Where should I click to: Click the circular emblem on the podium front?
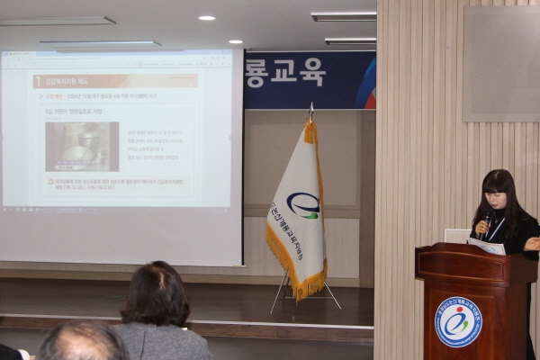point(458,321)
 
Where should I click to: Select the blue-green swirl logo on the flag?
point(303,205)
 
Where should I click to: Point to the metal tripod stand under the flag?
point(306,292)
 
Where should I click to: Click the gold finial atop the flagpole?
point(311,109)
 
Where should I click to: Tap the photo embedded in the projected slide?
point(82,146)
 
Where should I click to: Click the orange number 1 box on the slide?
point(37,81)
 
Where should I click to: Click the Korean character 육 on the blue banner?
point(310,73)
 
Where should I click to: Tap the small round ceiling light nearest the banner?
point(235,41)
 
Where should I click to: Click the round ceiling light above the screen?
point(206,17)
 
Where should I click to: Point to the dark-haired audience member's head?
point(155,293)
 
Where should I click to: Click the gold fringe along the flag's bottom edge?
point(296,271)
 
